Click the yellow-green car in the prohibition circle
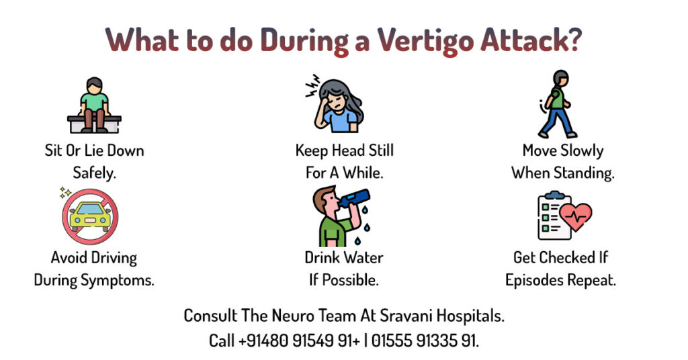[91, 216]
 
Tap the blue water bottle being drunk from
[355, 198]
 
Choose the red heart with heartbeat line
[575, 216]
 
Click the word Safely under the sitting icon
[94, 173]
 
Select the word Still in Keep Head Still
[381, 150]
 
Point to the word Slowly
[583, 151]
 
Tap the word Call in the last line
[222, 341]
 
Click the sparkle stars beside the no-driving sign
[65, 192]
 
